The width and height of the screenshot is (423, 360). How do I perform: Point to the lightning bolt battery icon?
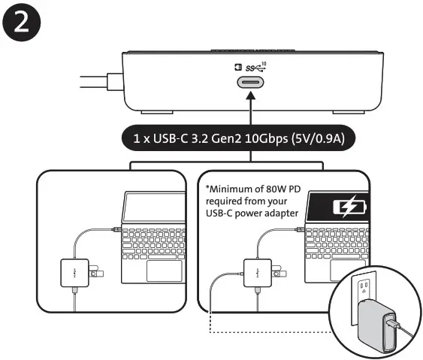tap(348, 205)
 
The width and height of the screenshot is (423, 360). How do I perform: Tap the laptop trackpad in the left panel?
tap(163, 271)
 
